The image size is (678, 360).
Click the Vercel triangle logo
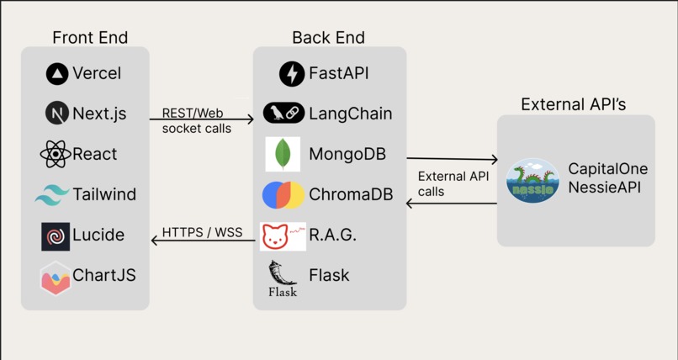pos(57,74)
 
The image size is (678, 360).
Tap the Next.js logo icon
pos(57,114)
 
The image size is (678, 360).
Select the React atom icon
pos(56,154)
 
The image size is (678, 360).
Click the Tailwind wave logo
pos(52,194)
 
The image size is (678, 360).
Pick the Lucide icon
pos(56,236)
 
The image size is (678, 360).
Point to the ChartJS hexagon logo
pos(56,278)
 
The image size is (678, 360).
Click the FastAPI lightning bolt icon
pos(292,74)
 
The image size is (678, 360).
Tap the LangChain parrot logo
pos(283,114)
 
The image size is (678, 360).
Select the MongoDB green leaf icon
pos(283,154)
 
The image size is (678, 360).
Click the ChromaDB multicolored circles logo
pos(283,194)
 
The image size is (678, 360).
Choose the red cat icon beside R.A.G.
pos(283,236)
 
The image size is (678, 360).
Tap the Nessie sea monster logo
pos(532,181)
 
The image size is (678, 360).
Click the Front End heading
pos(90,38)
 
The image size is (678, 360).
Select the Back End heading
pos(328,38)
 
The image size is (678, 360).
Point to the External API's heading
pos(574,105)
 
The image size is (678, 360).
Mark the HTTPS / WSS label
pos(202,231)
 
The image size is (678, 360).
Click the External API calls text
pos(453,183)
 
